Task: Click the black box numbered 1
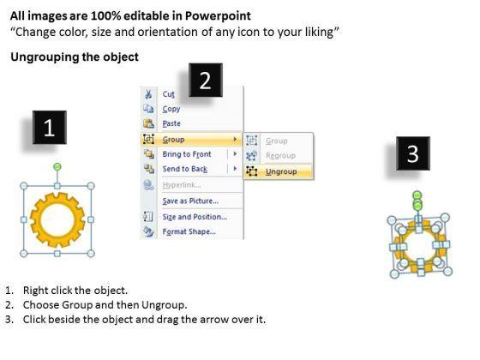50,128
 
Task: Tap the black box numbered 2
206,81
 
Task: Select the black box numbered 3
413,153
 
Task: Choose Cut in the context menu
168,94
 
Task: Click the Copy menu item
171,110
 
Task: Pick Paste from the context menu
171,123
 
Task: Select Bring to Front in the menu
187,154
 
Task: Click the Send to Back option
185,169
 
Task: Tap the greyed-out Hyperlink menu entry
182,185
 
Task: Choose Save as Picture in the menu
190,201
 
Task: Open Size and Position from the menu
195,217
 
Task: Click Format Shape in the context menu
189,231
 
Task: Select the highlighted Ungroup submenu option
281,171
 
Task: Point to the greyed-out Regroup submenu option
280,156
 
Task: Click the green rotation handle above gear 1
57,166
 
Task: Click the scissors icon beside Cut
148,94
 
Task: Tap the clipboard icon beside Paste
148,123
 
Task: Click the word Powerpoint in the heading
218,16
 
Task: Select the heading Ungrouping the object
75,57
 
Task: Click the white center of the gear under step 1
57,219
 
